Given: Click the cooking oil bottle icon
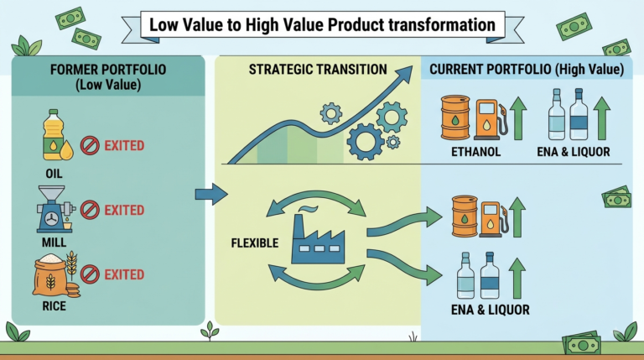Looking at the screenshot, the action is tap(55, 134).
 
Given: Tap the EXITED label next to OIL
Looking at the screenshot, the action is tap(124, 145).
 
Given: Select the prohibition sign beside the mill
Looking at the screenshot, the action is tap(90, 210).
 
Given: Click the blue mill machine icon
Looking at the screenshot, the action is tap(55, 210).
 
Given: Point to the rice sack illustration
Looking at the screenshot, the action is tap(56, 274).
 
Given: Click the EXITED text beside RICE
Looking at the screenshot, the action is tap(124, 274).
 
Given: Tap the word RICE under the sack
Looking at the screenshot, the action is tap(55, 306).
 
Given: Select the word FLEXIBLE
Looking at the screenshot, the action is tap(255, 243).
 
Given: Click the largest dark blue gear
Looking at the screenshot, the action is tap(365, 141).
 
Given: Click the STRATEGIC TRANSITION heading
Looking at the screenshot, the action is tap(318, 69).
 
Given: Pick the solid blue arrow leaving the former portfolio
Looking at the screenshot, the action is tap(211, 194).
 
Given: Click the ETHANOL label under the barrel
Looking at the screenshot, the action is tap(476, 152).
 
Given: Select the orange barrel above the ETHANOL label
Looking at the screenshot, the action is tap(455, 118).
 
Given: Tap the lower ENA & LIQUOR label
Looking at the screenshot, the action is tap(491, 310).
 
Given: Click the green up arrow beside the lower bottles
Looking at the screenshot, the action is tap(517, 279).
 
